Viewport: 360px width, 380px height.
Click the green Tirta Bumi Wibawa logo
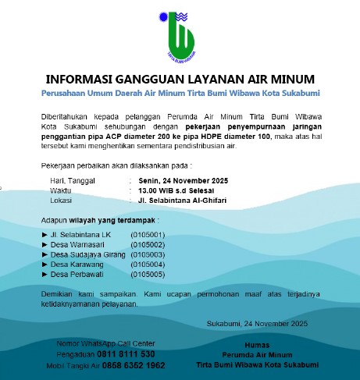[180, 34]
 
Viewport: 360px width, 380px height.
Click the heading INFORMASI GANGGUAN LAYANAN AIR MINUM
[180, 79]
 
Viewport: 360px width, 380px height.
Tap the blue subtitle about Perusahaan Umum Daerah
[180, 93]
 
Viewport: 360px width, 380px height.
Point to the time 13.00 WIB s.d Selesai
[173, 190]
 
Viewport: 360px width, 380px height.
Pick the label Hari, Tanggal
[73, 180]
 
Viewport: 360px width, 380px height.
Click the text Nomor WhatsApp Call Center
[105, 343]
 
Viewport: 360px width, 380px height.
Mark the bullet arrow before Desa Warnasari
[44, 244]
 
